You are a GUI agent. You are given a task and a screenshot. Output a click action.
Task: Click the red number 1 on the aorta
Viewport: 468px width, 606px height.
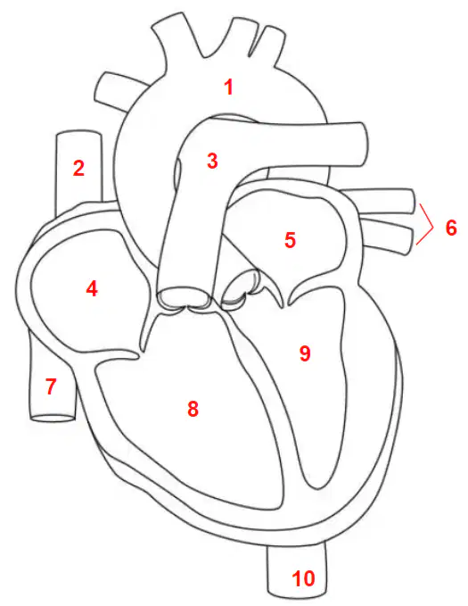click(x=229, y=87)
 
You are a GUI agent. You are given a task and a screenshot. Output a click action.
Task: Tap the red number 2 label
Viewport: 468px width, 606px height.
click(x=78, y=169)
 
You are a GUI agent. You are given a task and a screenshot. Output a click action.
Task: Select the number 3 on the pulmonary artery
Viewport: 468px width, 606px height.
click(x=212, y=161)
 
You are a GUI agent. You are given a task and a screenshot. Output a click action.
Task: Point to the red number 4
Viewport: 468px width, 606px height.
click(x=92, y=288)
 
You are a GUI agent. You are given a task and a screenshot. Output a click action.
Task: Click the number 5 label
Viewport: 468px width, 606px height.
click(x=290, y=239)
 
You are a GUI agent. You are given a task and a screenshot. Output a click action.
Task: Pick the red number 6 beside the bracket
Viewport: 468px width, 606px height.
click(x=451, y=228)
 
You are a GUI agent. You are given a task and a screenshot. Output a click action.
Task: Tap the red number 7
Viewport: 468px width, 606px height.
click(x=51, y=386)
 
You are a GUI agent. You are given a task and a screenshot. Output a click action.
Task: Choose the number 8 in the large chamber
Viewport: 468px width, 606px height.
click(x=193, y=408)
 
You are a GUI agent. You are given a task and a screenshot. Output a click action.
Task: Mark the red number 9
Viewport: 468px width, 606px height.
click(x=305, y=353)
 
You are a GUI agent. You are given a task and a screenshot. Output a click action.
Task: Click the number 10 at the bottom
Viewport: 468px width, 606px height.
click(x=303, y=578)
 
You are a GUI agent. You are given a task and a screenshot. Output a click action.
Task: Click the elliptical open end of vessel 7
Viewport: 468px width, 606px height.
click(x=53, y=418)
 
